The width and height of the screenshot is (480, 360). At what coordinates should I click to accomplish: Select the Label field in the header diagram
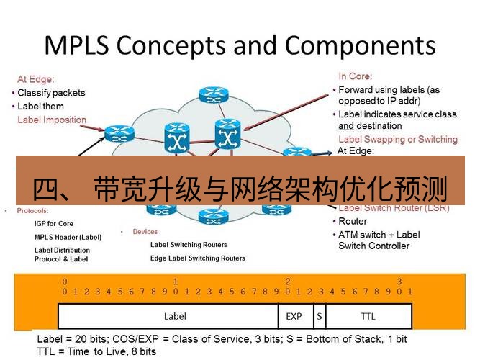pyautogui.click(x=175, y=316)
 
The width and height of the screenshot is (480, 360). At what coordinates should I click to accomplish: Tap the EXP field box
pyautogui.click(x=294, y=316)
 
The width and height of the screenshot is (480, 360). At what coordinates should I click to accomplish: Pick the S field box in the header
pyautogui.click(x=319, y=316)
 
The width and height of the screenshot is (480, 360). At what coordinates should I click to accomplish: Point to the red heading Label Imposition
pyautogui.click(x=52, y=120)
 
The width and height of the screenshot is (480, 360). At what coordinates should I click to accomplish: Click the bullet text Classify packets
pyautogui.click(x=51, y=93)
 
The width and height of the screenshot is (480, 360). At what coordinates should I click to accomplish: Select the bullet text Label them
pyautogui.click(x=40, y=107)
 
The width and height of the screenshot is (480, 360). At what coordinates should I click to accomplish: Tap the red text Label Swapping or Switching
pyautogui.click(x=397, y=139)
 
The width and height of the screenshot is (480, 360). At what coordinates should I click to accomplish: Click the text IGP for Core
pyautogui.click(x=54, y=224)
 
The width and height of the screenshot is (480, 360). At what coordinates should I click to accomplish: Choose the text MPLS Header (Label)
pyautogui.click(x=68, y=237)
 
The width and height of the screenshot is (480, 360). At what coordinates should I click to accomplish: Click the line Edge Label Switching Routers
pyautogui.click(x=197, y=258)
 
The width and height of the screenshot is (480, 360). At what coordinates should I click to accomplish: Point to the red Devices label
pyautogui.click(x=145, y=232)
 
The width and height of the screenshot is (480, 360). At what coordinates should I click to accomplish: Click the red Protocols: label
pyautogui.click(x=32, y=211)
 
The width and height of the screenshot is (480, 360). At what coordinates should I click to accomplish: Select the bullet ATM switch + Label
pyautogui.click(x=379, y=235)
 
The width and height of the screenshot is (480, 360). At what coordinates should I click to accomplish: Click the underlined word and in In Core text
pyautogui.click(x=346, y=126)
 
